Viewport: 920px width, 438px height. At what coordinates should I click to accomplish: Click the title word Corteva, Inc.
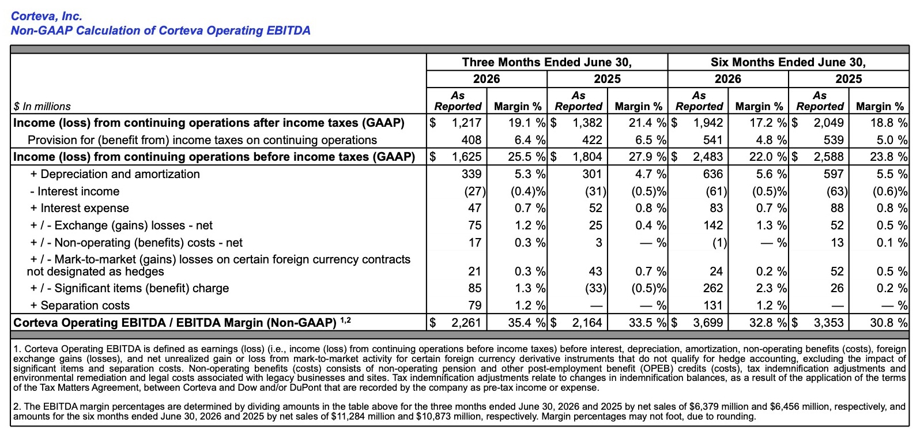47,16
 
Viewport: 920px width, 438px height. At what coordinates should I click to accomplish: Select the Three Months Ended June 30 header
546,62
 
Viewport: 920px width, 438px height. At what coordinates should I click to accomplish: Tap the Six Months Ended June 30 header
788,62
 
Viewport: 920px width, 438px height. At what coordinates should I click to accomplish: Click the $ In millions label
42,106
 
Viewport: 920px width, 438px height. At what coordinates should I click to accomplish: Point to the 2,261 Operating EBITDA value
466,323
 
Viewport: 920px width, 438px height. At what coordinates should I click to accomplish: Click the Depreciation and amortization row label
115,174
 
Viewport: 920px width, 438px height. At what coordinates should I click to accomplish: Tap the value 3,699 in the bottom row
708,323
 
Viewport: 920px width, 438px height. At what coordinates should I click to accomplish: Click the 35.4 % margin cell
526,323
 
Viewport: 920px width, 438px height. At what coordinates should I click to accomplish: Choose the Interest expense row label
80,208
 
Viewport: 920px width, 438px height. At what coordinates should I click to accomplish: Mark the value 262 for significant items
712,288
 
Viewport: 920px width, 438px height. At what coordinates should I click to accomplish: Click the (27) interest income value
475,191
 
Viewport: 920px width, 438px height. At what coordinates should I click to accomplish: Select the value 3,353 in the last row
829,323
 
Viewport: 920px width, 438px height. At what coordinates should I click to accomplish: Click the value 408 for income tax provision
471,140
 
